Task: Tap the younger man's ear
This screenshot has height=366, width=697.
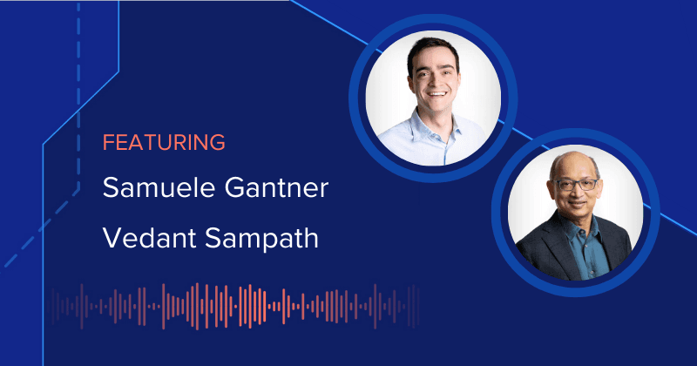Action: coord(403,78)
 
